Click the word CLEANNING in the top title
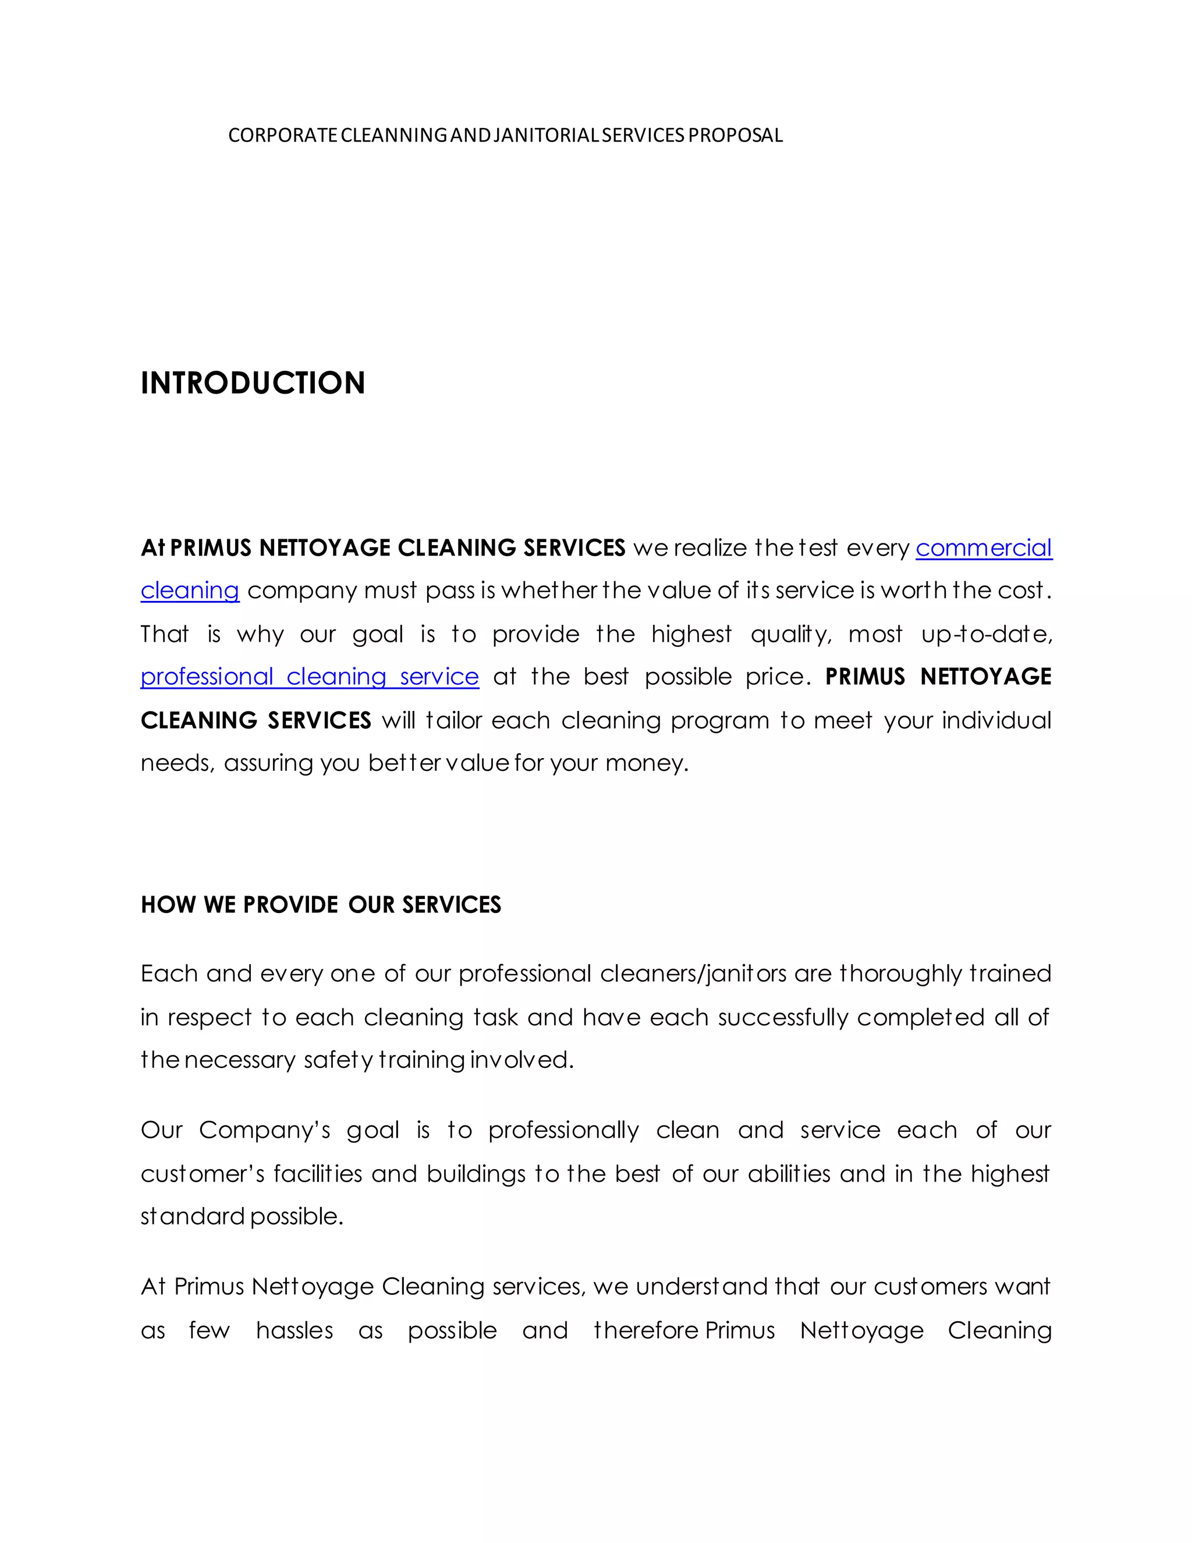coord(393,135)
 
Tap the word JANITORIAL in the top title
coord(547,135)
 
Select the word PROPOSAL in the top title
coord(735,135)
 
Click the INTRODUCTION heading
coord(253,383)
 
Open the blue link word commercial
coord(984,547)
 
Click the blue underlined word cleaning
coord(190,590)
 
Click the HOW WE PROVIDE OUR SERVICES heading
coord(321,904)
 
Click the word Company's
coord(264,1130)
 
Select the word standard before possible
coord(192,1216)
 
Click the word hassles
coord(295,1330)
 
